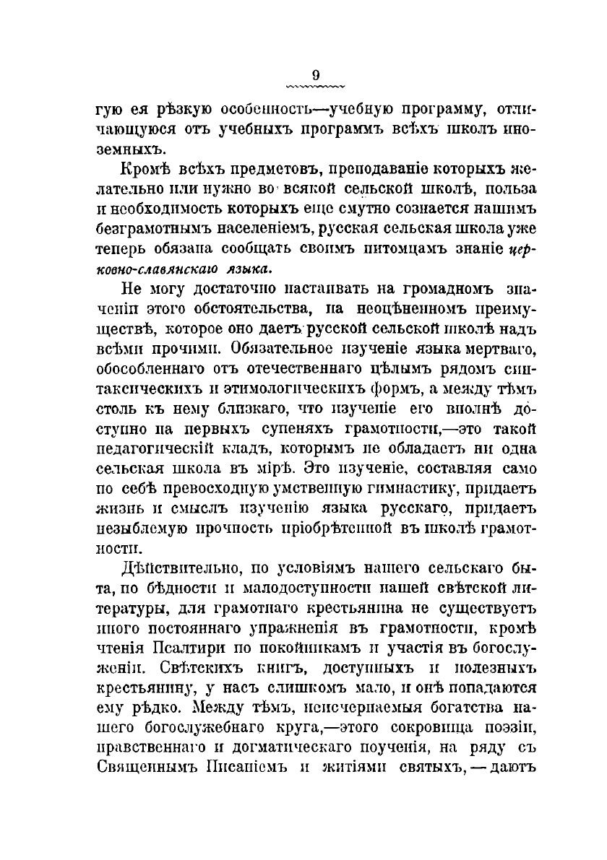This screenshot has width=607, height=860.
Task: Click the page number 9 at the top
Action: click(315, 74)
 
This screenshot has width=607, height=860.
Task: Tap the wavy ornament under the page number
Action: click(315, 86)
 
